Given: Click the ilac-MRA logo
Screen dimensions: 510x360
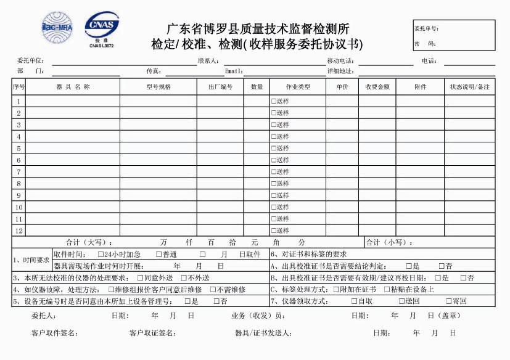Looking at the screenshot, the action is [57, 28].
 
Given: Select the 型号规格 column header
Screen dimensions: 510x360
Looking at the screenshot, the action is [158, 87].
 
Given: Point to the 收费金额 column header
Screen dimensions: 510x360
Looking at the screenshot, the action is [377, 87].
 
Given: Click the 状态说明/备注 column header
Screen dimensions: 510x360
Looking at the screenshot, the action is [469, 87].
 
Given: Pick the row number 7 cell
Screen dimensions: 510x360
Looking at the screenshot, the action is [19, 172].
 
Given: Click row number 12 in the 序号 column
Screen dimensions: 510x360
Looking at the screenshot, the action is [19, 231].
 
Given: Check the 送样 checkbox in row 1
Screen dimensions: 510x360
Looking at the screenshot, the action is [274, 102].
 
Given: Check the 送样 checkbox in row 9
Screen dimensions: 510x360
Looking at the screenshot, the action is [274, 195].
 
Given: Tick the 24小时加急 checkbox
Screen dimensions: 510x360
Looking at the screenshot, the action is [101, 255].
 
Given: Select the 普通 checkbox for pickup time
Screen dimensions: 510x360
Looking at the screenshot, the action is [158, 255].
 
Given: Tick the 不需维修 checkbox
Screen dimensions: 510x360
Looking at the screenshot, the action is [213, 290].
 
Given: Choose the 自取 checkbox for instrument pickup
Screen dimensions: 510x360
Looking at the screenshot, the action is [354, 301].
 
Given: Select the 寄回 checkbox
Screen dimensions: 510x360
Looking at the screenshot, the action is [448, 301].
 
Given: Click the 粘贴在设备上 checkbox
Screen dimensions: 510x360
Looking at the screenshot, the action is [386, 290].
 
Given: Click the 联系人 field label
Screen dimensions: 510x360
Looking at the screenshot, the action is [208, 61].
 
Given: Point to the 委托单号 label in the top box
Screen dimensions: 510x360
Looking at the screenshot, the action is [427, 28].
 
